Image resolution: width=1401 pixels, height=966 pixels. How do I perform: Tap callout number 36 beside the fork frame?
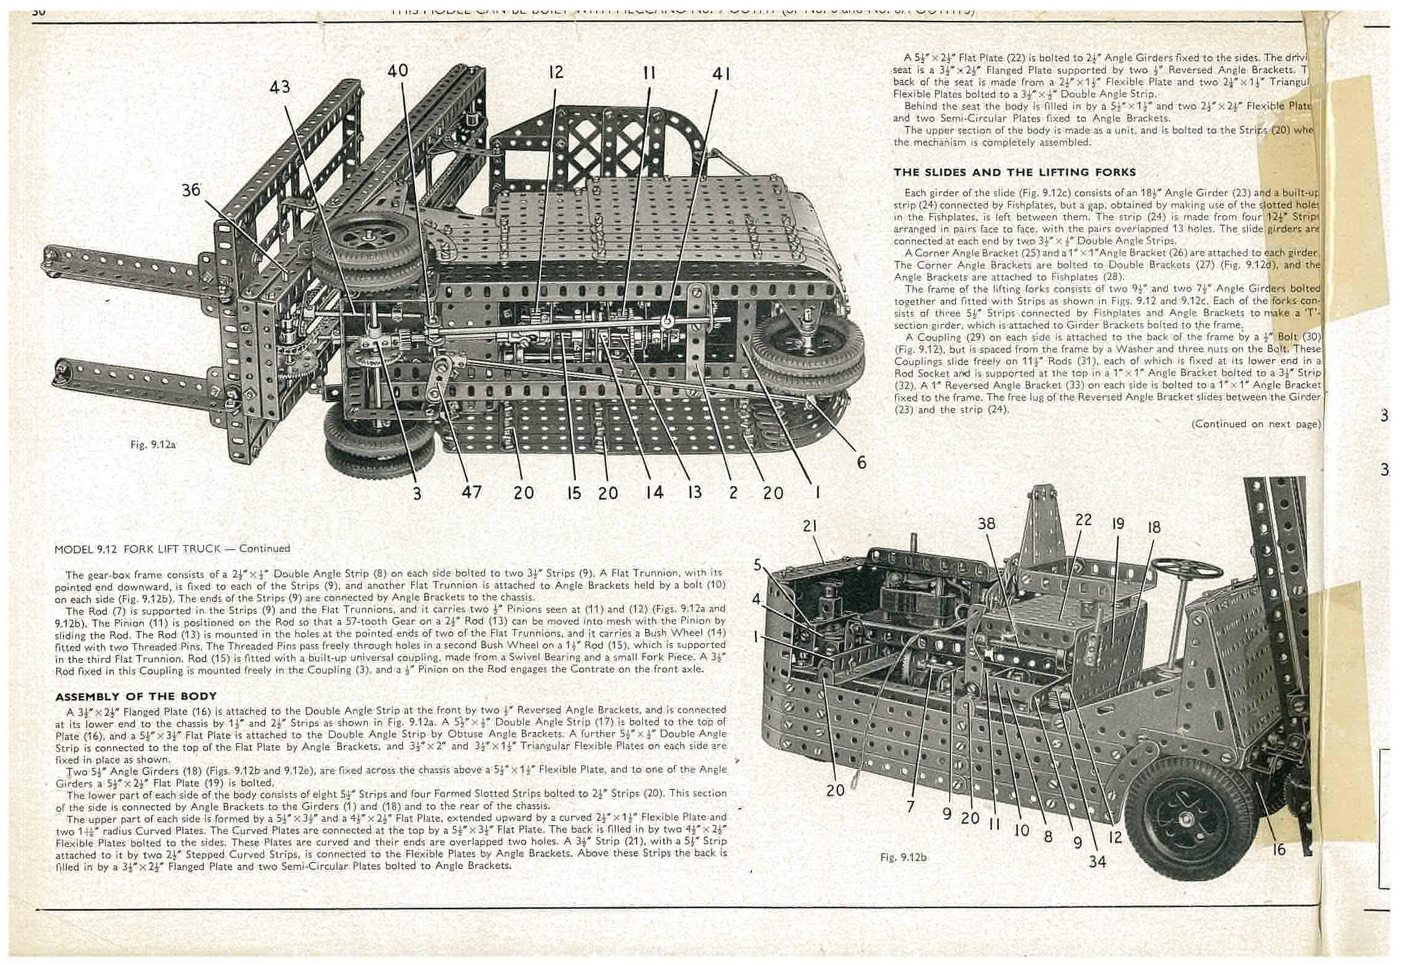[x=191, y=190]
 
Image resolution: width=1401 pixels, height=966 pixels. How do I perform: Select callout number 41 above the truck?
[x=721, y=74]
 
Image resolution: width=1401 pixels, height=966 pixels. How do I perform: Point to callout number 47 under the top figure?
[x=472, y=492]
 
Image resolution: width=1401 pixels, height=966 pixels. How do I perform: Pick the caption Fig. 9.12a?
[x=153, y=444]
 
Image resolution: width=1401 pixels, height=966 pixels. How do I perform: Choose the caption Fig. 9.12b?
[x=902, y=857]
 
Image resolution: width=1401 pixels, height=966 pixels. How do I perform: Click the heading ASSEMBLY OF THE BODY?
[x=136, y=696]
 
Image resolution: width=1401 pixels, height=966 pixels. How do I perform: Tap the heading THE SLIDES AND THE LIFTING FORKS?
[x=1014, y=172]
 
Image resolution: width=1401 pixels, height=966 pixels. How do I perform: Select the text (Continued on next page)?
[x=1255, y=423]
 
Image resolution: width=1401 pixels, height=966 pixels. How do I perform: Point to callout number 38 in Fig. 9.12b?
[x=987, y=524]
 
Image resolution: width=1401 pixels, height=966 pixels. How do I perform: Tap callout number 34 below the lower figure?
[x=1097, y=861]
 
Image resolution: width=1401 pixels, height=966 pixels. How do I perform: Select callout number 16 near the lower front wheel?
[x=1278, y=849]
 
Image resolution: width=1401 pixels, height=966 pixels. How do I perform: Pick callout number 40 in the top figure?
[x=398, y=71]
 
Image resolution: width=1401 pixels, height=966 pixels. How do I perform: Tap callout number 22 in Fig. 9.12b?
[x=1084, y=519]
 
